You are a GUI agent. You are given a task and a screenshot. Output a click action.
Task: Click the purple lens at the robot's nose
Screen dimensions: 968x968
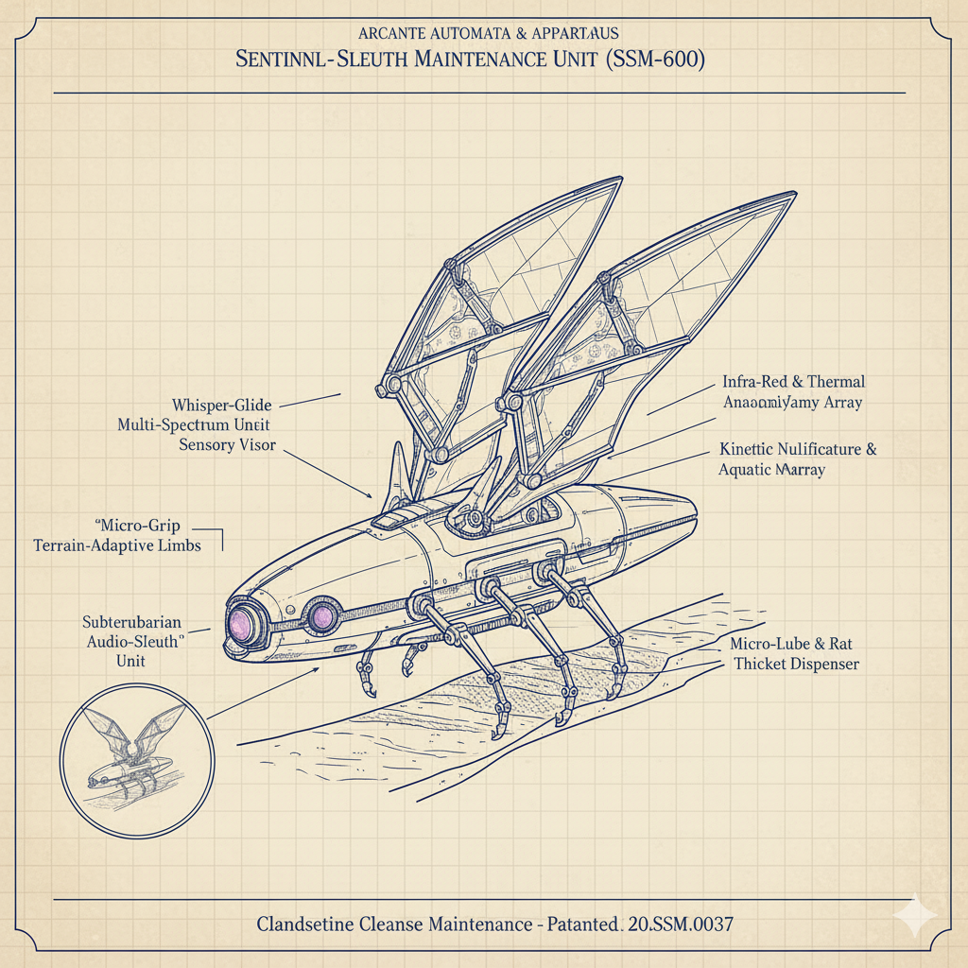244,623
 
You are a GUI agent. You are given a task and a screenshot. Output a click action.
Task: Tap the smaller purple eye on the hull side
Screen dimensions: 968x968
322,616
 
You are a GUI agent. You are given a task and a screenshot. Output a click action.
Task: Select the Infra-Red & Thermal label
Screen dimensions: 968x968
793,382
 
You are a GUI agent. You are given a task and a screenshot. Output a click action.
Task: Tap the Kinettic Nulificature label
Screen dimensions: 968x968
797,449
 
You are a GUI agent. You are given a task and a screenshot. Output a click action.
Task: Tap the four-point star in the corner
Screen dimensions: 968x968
916,916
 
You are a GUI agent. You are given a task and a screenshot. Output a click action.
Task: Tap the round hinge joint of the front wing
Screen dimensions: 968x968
388,386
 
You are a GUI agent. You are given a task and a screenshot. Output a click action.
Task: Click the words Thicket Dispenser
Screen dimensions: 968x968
796,665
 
